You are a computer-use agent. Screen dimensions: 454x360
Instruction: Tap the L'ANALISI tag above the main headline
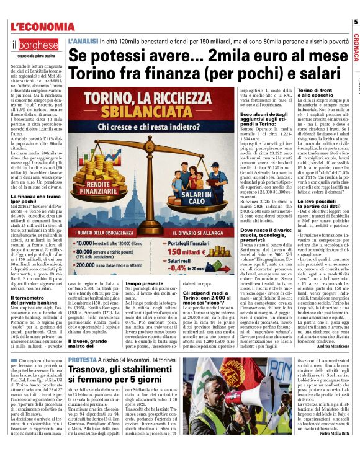pyautogui.click(x=83, y=40)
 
